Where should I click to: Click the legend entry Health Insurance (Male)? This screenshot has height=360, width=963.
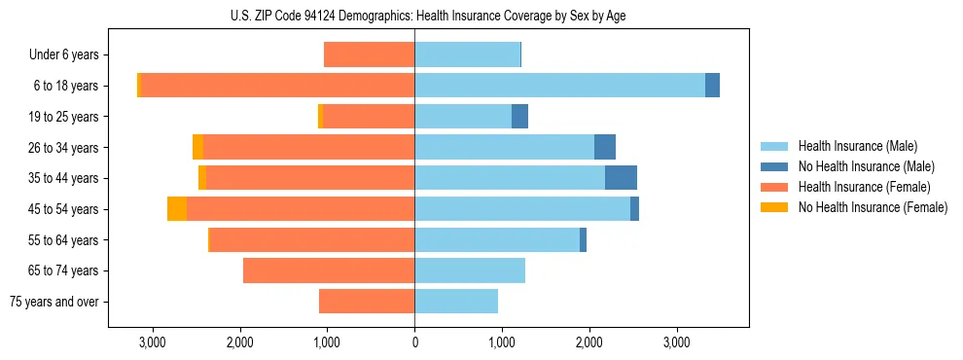[857, 146]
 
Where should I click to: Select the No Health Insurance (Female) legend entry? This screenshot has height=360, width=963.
[873, 207]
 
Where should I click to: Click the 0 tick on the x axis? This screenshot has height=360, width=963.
[414, 342]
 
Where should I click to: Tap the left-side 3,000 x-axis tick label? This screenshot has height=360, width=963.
[153, 342]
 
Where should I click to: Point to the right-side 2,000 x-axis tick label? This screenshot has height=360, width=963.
[589, 342]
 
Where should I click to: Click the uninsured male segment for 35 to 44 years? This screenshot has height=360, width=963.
[621, 178]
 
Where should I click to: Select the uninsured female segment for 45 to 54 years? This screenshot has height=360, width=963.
[177, 209]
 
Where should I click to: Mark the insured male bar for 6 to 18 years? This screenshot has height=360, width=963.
[559, 86]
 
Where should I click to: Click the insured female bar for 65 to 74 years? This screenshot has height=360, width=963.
[329, 270]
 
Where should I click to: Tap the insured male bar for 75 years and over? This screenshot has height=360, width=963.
[456, 302]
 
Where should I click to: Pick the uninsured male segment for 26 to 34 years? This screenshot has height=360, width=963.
[605, 147]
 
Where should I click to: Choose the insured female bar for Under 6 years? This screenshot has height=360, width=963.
[370, 54]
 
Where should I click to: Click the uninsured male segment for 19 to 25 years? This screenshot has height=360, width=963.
[519, 117]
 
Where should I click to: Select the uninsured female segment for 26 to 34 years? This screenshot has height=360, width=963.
[197, 147]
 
